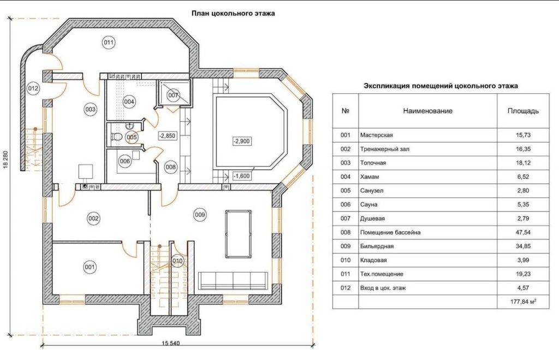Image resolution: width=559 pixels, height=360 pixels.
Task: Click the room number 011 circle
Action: coord(109,43)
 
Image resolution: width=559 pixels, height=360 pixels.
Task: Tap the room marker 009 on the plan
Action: coord(200,215)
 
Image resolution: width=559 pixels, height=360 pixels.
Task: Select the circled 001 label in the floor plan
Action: coord(90,267)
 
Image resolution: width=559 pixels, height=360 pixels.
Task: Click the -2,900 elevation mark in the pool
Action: coord(242,141)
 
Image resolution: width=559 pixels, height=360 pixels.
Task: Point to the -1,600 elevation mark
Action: coord(242,176)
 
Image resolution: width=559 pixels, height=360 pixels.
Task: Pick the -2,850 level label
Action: coord(167,135)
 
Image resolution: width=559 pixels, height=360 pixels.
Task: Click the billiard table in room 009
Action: coord(238,234)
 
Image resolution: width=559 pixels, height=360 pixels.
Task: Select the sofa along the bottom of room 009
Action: coord(233,280)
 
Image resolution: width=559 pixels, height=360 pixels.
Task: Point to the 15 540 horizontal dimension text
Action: coord(171,344)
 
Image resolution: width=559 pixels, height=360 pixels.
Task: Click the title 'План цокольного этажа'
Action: coord(233,14)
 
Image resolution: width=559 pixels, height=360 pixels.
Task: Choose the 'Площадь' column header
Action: coord(523,111)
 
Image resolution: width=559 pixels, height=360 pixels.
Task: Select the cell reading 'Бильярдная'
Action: coord(377,246)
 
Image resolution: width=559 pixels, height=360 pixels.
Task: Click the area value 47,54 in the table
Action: coord(523,232)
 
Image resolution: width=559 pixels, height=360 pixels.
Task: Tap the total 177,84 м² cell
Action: coord(524,302)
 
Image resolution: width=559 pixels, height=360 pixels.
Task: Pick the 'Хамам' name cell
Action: coord(370,176)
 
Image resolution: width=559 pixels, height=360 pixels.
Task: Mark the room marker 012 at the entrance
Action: coord(33,88)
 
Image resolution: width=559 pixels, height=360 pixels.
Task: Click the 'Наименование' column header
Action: coord(428,111)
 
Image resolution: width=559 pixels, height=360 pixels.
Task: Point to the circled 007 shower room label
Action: coord(173,95)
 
